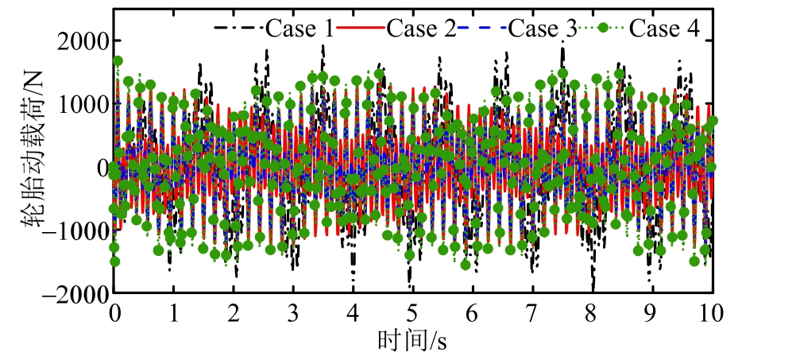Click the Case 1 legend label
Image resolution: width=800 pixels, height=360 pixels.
pos(299,29)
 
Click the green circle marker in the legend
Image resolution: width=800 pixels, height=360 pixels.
pos(603,29)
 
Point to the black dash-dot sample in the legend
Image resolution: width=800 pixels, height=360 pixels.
pos(238,29)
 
